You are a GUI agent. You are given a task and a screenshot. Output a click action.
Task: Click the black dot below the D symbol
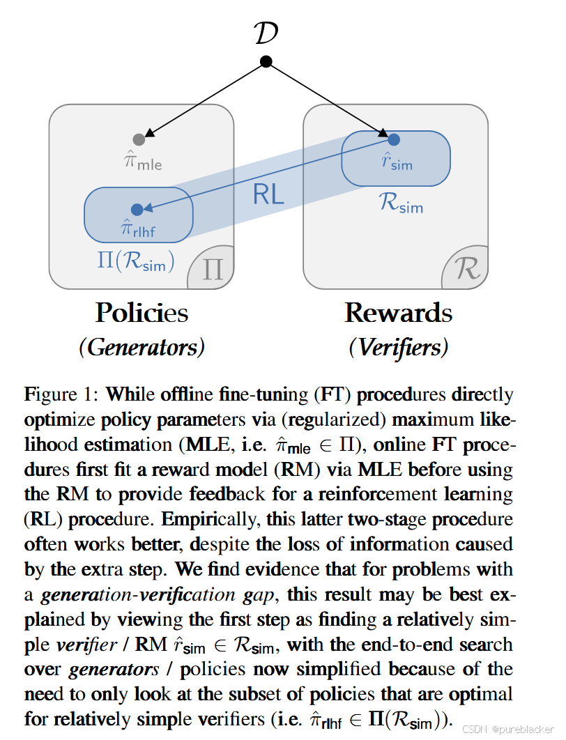[x=266, y=62]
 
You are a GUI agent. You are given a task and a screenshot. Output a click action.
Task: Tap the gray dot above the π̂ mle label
[x=139, y=139]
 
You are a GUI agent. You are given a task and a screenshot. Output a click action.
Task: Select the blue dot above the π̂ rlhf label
[x=137, y=209]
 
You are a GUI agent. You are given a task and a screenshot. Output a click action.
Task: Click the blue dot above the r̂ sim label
[x=393, y=139]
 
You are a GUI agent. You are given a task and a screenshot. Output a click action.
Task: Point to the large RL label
[x=268, y=194]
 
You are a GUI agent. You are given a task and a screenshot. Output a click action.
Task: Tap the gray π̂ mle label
[x=143, y=162]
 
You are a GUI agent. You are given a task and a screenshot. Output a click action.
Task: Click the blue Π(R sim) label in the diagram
[x=136, y=262]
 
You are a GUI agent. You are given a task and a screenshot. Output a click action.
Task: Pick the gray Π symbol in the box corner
[x=213, y=269]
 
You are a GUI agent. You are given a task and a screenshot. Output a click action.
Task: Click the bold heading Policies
[x=141, y=313]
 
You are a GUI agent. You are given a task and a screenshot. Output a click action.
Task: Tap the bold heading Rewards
[x=398, y=313]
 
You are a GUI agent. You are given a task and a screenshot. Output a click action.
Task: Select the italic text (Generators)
[x=141, y=347]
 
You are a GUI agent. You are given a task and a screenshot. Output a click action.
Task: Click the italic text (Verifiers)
[x=398, y=347]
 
